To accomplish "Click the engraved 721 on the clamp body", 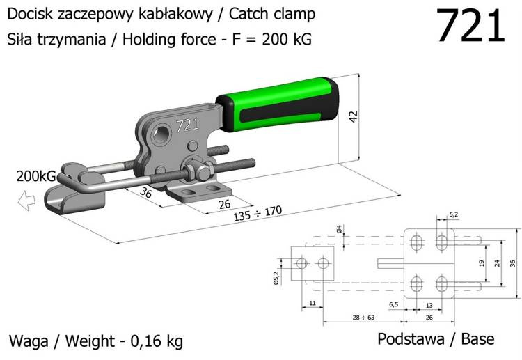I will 187,125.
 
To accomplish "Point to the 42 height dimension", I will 353,115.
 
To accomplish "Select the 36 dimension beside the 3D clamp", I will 145,193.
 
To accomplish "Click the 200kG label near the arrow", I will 35,176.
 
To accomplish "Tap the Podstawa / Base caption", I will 436,339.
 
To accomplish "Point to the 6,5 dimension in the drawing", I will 394,305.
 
